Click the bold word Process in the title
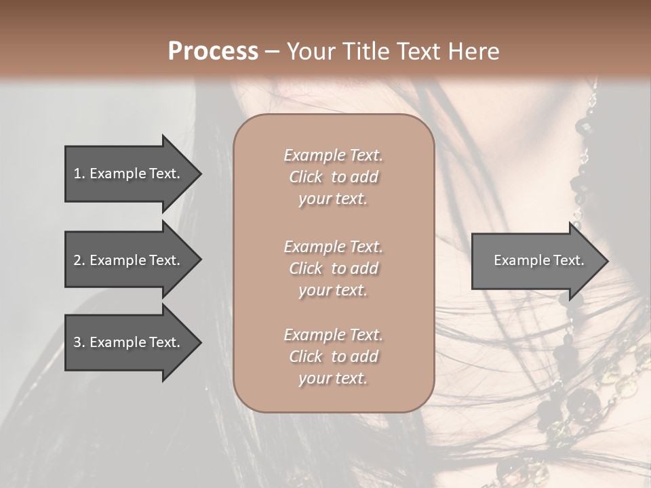(213, 52)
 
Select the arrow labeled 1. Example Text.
(129, 174)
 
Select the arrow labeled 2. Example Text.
(129, 260)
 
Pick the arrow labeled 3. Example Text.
(129, 342)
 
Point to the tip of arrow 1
(200, 174)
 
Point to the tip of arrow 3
(200, 342)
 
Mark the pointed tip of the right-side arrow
(607, 260)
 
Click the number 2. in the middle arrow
(79, 260)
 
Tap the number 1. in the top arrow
(79, 174)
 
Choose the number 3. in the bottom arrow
(79, 342)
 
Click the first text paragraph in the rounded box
(333, 177)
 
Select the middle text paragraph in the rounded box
(333, 268)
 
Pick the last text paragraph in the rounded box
(333, 357)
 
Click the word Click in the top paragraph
(306, 177)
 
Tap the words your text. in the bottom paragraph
(333, 378)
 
